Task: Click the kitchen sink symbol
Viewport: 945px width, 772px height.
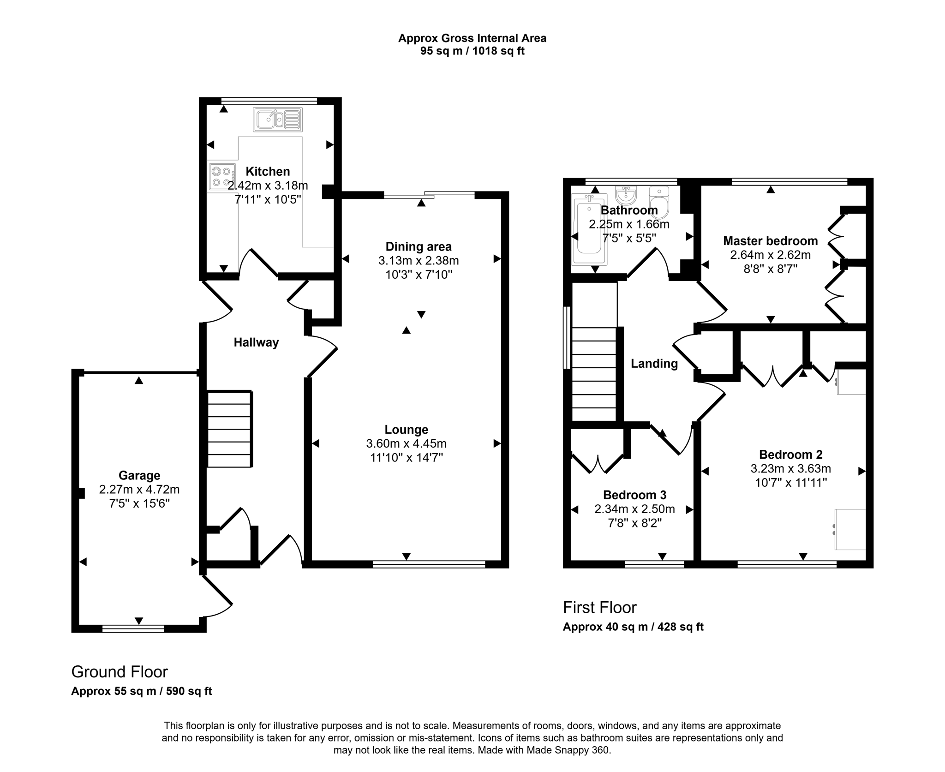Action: pos(277,120)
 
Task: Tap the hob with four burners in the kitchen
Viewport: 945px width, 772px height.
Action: pos(221,177)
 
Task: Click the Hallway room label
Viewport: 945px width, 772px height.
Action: pos(256,342)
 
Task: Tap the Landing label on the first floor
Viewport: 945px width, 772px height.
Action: pos(654,364)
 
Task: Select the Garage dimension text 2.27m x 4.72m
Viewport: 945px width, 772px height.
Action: pos(139,489)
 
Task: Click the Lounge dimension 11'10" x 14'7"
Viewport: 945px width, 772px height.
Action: pos(406,458)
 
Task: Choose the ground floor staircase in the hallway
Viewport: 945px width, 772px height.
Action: pos(229,429)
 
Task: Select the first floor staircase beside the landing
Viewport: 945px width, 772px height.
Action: pos(594,374)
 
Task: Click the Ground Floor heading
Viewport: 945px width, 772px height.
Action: pos(120,672)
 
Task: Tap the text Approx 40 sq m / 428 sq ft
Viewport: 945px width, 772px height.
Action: pos(633,627)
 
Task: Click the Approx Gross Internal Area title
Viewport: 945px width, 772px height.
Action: pos(472,38)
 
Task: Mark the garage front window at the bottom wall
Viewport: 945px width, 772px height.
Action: pos(133,628)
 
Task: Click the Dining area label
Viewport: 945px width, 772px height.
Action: pos(418,247)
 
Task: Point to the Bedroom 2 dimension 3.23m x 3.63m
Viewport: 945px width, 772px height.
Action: pos(790,469)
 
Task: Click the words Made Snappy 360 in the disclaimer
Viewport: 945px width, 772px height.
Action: pos(568,750)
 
